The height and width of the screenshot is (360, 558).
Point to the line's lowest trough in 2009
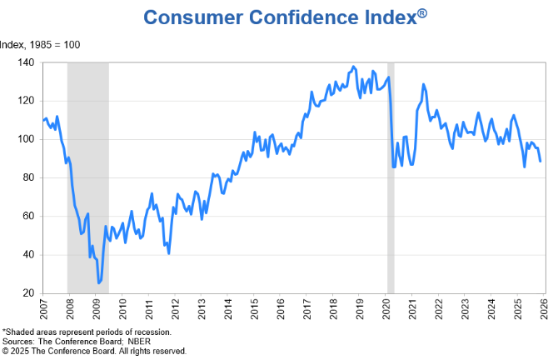[x=99, y=283]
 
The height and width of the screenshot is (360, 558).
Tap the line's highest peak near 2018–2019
[x=354, y=67]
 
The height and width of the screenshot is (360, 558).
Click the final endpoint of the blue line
[x=540, y=161]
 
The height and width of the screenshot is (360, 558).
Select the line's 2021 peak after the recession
[x=424, y=84]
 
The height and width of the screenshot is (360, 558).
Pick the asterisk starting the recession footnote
[x=4, y=331]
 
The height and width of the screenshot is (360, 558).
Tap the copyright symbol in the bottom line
[x=6, y=350]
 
